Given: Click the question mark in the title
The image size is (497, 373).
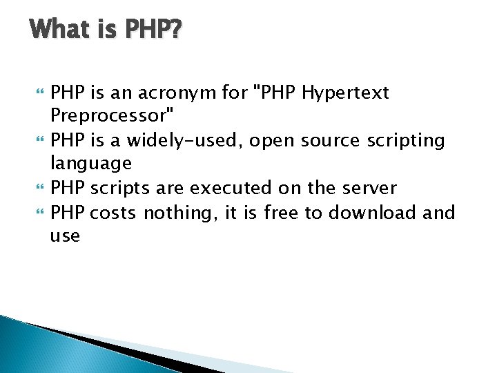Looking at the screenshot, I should point(174,30).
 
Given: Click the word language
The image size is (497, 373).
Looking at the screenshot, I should point(90,164).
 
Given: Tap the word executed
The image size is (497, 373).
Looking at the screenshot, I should point(229,188).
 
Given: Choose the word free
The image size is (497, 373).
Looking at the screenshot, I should point(279,211).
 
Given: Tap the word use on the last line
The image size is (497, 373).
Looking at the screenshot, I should point(65,236).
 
